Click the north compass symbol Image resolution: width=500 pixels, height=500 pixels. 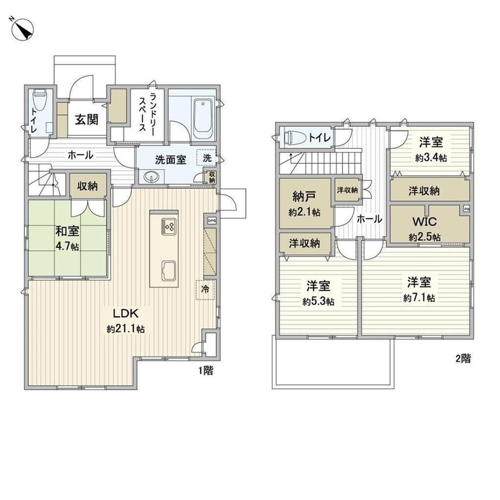point(22,29)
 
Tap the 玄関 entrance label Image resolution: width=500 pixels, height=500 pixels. point(86,120)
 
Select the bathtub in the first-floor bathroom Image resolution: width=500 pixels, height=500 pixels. point(203,119)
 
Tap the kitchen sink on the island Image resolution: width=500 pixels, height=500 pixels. point(169,271)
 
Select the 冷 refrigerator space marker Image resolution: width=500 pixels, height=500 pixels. point(205,289)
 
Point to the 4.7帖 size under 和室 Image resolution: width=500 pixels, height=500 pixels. point(67,247)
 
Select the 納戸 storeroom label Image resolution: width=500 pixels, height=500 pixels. point(304,197)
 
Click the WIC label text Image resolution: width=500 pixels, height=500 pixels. point(424,221)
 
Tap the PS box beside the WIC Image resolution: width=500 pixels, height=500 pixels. point(466,209)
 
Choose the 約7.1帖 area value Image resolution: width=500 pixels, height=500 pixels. point(418,298)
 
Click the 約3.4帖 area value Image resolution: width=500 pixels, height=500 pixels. point(431,158)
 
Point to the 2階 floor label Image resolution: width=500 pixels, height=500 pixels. point(463,359)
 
